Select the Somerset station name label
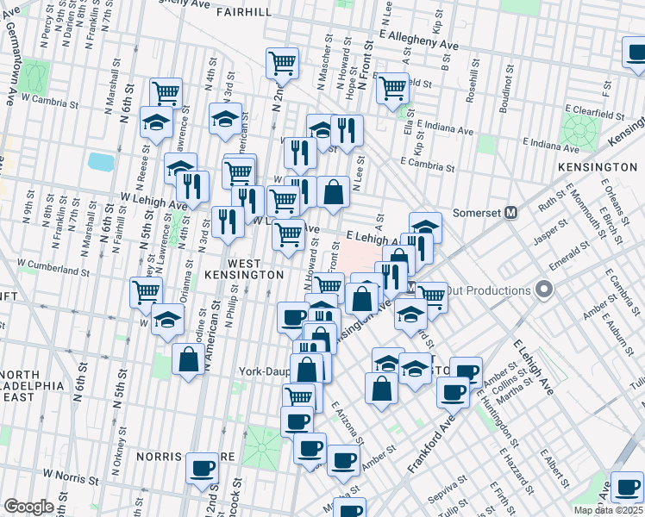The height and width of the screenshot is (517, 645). [478, 212]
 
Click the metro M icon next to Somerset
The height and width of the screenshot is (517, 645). [510, 212]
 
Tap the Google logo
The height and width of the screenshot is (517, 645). [29, 507]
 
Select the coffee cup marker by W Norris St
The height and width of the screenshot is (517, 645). [203, 468]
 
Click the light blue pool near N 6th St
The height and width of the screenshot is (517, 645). [101, 161]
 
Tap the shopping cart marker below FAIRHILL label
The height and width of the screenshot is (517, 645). [282, 62]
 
